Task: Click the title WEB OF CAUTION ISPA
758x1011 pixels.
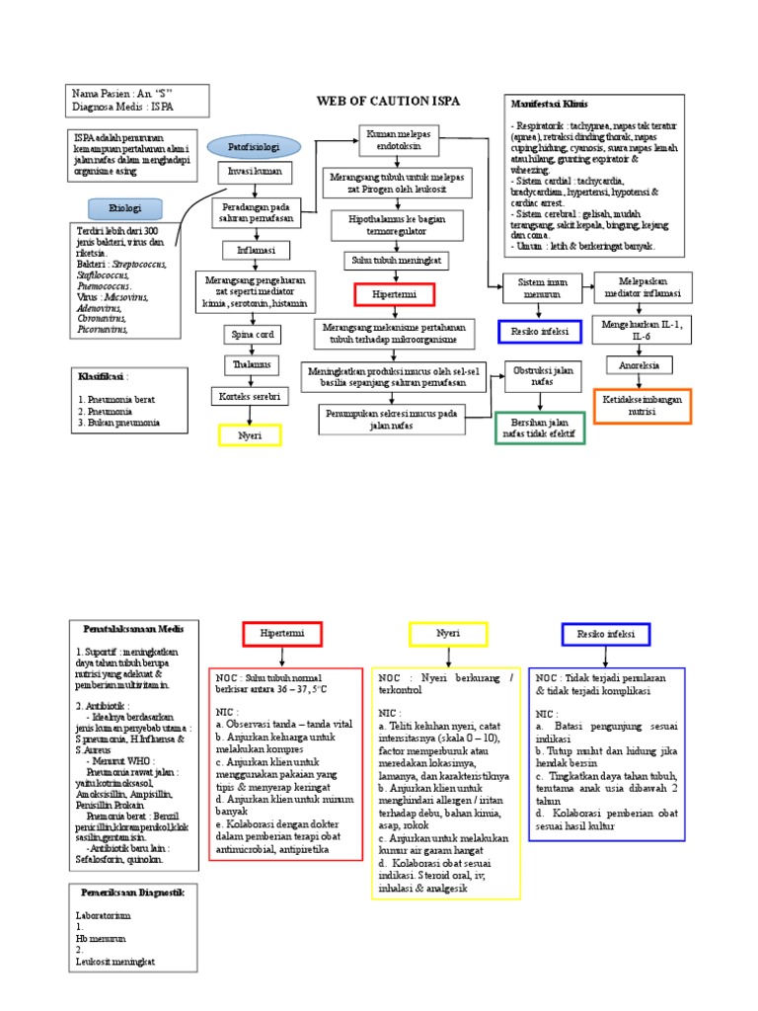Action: point(388,101)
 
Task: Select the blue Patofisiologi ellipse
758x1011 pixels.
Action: point(254,146)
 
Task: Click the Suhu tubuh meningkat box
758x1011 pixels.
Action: point(396,261)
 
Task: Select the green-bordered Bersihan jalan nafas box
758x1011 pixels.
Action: point(539,428)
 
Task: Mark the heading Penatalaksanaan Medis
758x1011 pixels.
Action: point(129,628)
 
